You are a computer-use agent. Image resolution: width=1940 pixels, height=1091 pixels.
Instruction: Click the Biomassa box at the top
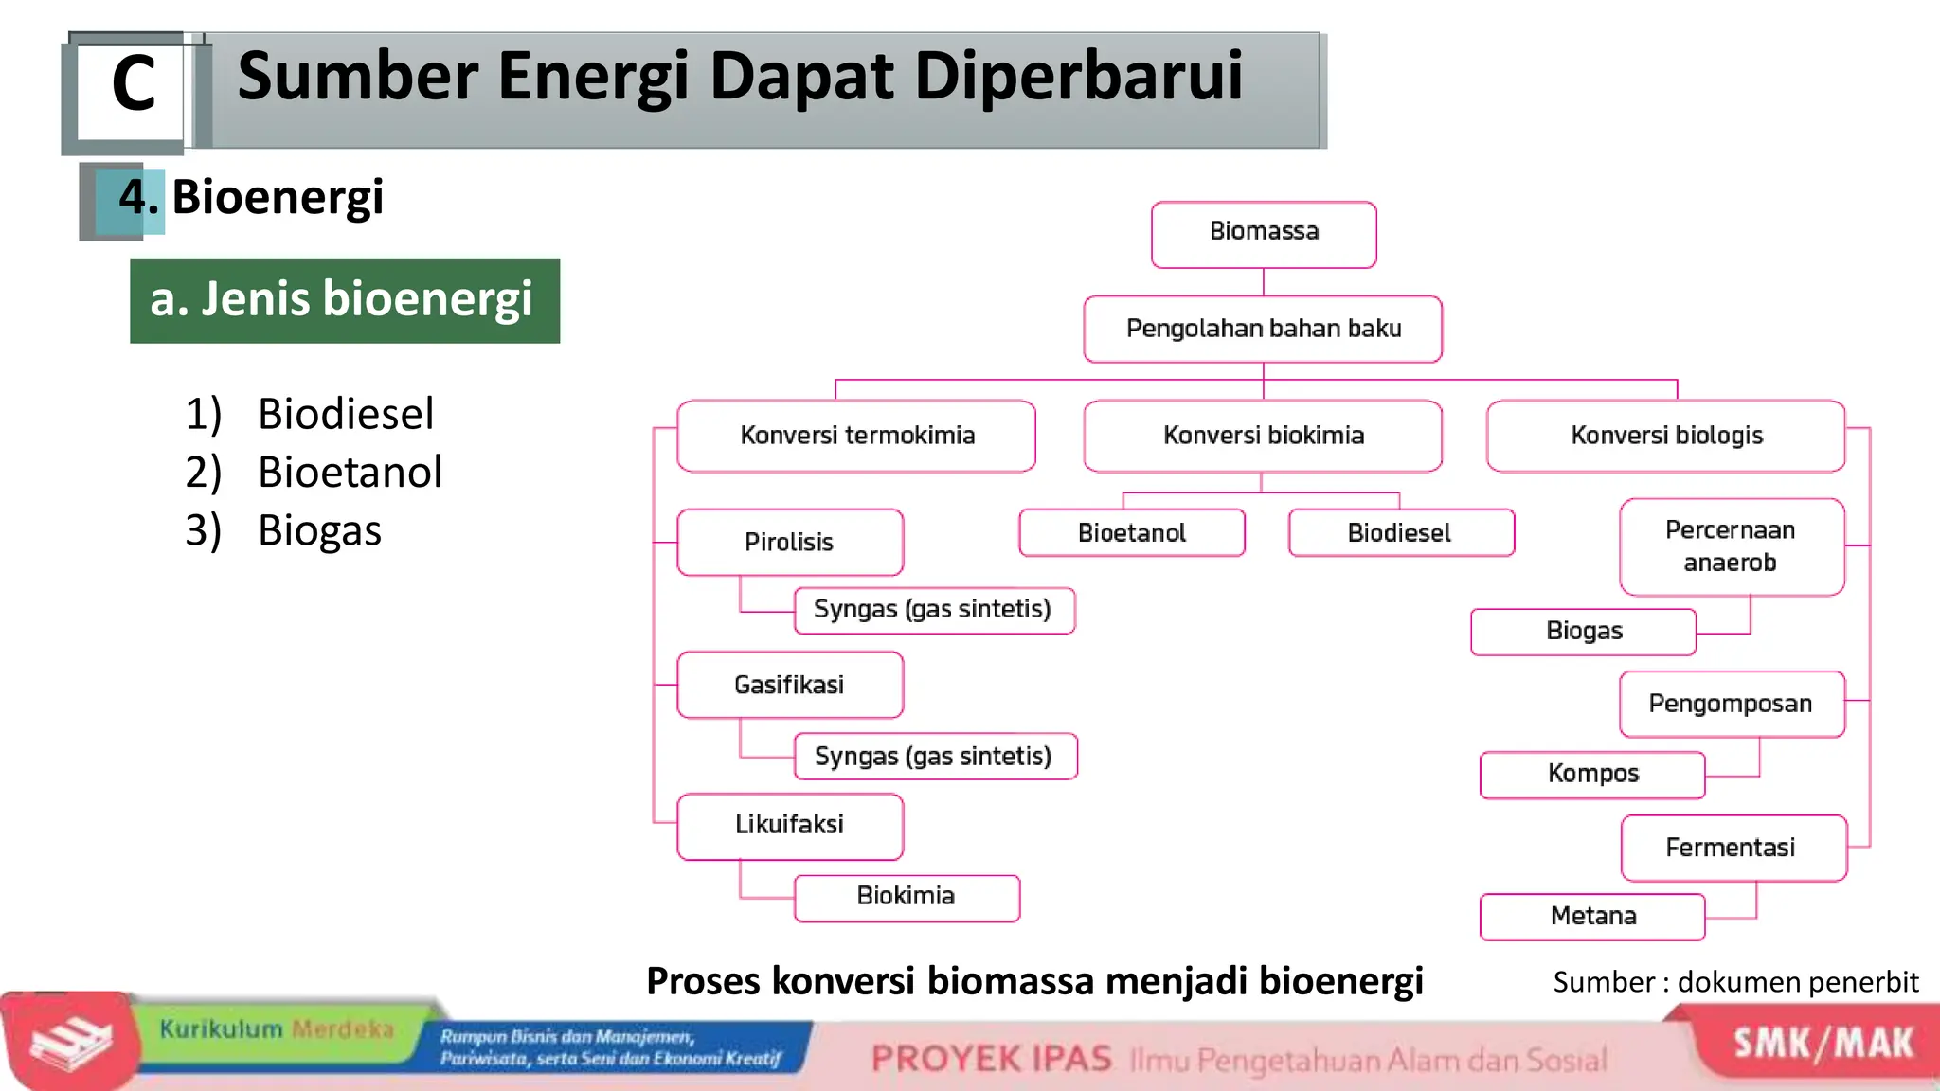click(x=1264, y=233)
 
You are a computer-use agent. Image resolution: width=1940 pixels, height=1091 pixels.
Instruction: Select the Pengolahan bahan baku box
click(x=1263, y=329)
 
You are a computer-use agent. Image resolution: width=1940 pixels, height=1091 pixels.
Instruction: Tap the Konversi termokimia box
click(x=856, y=436)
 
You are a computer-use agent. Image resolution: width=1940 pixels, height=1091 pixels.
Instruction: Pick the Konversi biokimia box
click(x=1263, y=436)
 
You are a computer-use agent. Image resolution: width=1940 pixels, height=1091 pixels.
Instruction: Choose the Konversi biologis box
click(x=1666, y=436)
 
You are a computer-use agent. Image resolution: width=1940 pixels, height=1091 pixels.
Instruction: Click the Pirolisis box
click(x=790, y=542)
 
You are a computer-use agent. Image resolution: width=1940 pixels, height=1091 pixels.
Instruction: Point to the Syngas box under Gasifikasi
click(x=934, y=756)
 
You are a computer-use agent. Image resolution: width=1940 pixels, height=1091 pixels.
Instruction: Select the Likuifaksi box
click(x=790, y=825)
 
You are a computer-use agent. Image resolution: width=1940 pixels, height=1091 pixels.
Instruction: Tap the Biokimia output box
click(x=907, y=897)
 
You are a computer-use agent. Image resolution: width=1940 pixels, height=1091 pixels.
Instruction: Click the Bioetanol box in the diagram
click(x=1132, y=533)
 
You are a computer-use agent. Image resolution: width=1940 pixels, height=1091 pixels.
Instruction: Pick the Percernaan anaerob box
click(x=1731, y=546)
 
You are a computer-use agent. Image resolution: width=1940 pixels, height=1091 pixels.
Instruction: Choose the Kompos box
click(x=1592, y=775)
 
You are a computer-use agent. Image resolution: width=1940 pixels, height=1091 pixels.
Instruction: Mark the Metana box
click(x=1592, y=916)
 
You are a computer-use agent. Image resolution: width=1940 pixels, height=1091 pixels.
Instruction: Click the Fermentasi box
click(x=1732, y=848)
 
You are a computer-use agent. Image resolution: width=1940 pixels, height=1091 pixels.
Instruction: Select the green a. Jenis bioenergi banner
click(x=344, y=300)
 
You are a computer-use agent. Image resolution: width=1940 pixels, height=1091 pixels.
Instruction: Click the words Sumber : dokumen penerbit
click(x=1735, y=982)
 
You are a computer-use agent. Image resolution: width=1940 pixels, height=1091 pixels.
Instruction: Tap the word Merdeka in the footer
click(x=343, y=1029)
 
